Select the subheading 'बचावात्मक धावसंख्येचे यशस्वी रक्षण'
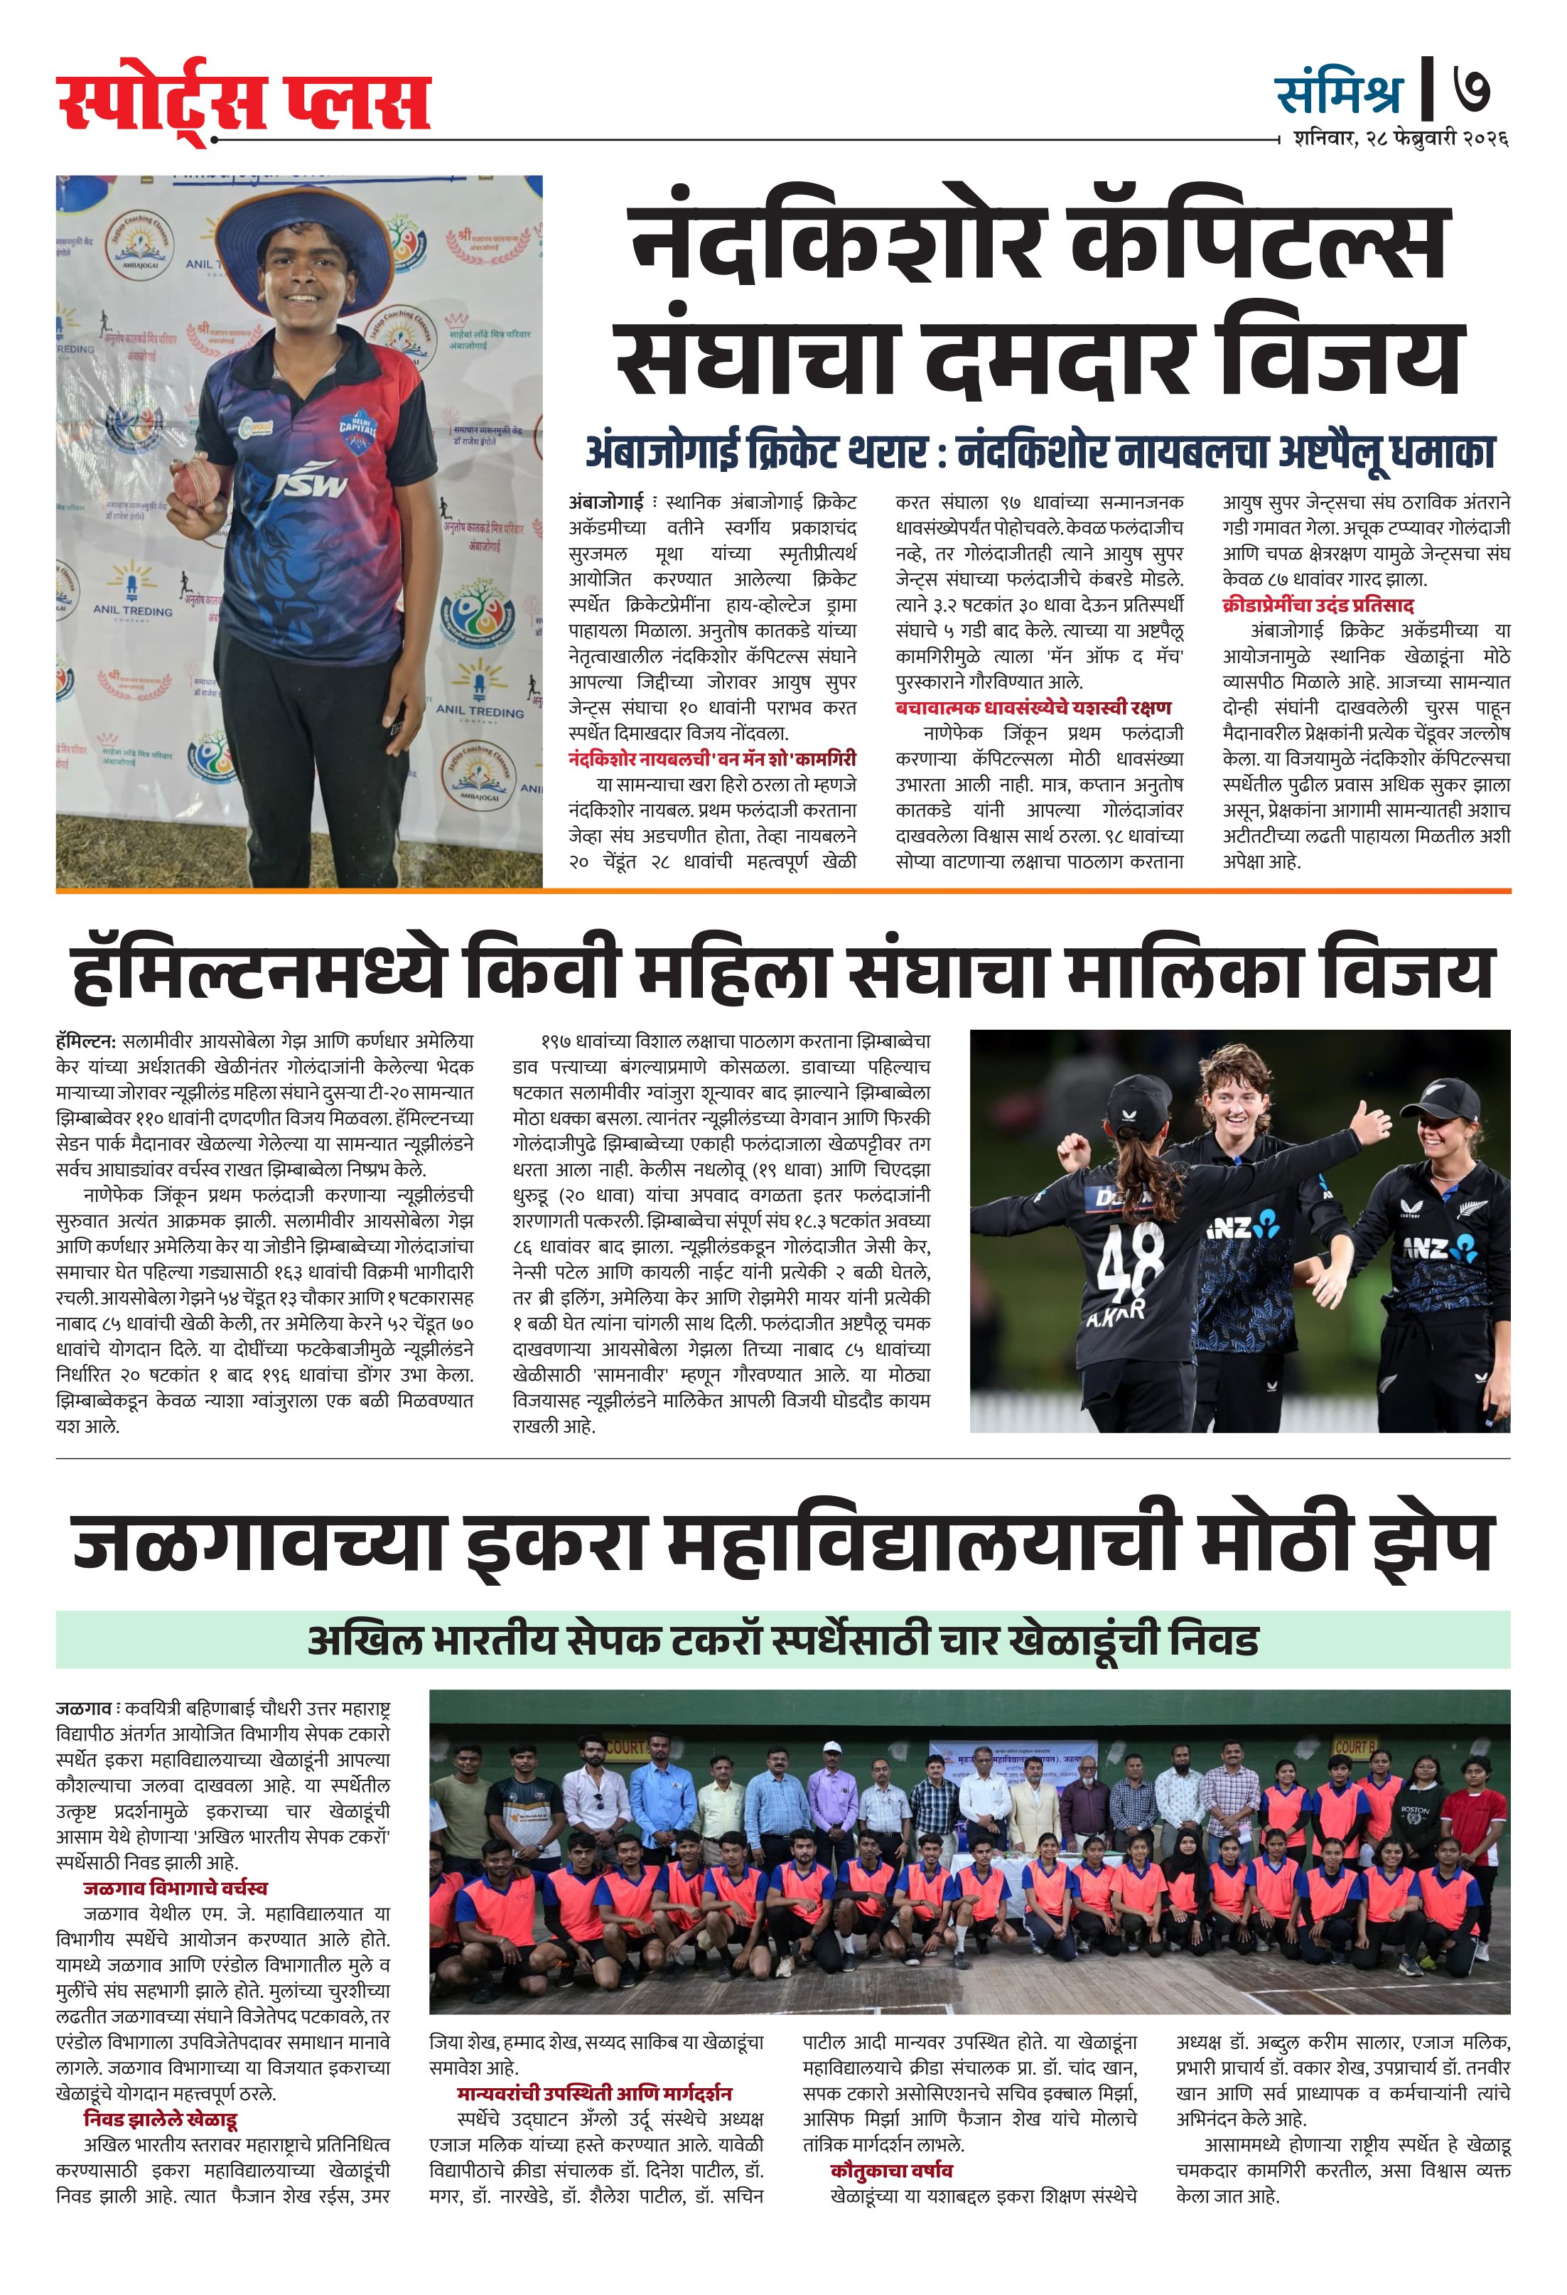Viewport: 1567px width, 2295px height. coord(1033,707)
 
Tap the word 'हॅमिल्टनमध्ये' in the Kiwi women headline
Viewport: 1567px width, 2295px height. coord(259,973)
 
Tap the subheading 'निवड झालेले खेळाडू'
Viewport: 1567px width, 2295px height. coord(160,2119)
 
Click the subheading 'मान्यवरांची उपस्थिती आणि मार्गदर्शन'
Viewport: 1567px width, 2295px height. coord(593,2094)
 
